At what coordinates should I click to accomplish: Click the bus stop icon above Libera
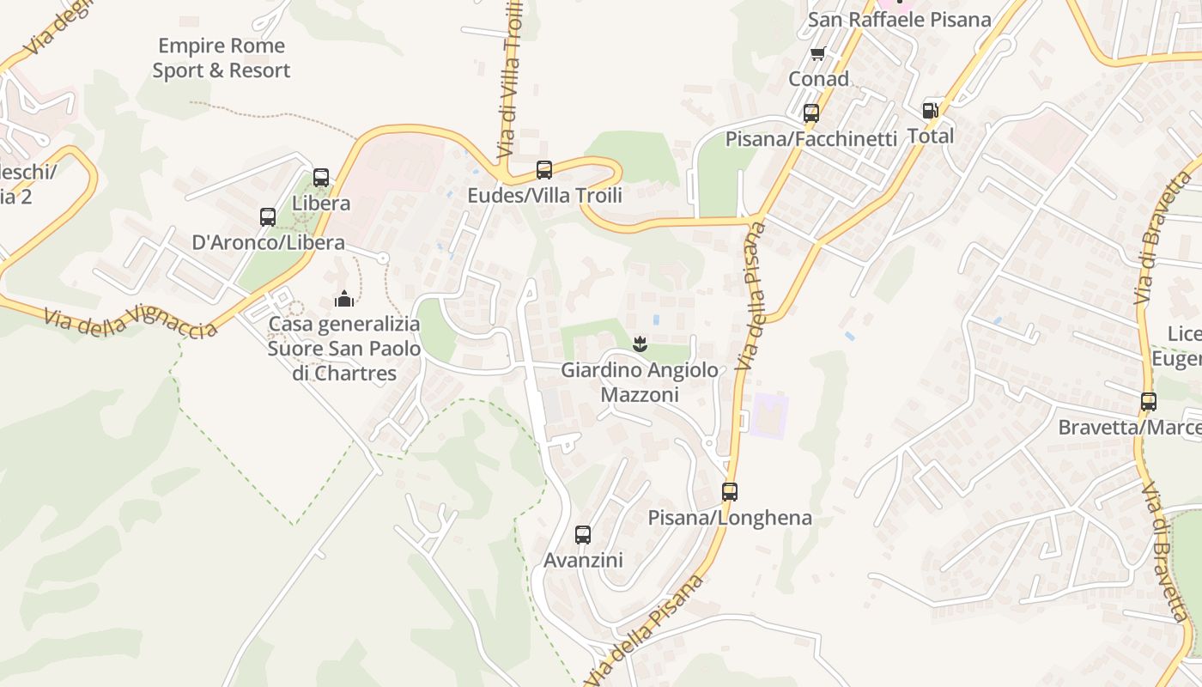[x=321, y=178]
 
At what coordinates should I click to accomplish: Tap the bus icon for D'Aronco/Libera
[x=268, y=217]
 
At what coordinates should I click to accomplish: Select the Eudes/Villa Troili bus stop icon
[x=543, y=170]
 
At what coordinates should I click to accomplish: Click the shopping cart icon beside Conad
[x=817, y=54]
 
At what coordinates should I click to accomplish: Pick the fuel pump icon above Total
[x=930, y=111]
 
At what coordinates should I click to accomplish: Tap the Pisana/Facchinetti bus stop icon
[x=810, y=113]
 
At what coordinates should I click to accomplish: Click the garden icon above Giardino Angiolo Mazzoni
[x=639, y=345]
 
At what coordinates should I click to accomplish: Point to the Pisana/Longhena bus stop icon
[x=729, y=492]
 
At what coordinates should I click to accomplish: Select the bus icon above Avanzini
[x=583, y=535]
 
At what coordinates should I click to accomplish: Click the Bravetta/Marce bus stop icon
[x=1148, y=401]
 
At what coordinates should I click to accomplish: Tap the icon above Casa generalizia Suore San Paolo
[x=344, y=299]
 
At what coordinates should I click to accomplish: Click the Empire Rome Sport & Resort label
[x=222, y=58]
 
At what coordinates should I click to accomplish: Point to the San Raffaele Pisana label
[x=900, y=20]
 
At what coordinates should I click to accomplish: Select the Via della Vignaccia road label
[x=130, y=323]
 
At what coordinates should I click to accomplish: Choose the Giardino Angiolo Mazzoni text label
[x=640, y=383]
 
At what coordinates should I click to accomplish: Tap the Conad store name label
[x=818, y=79]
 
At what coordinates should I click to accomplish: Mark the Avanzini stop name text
[x=583, y=561]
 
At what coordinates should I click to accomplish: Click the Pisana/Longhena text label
[x=730, y=518]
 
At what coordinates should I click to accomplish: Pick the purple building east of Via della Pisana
[x=768, y=416]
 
